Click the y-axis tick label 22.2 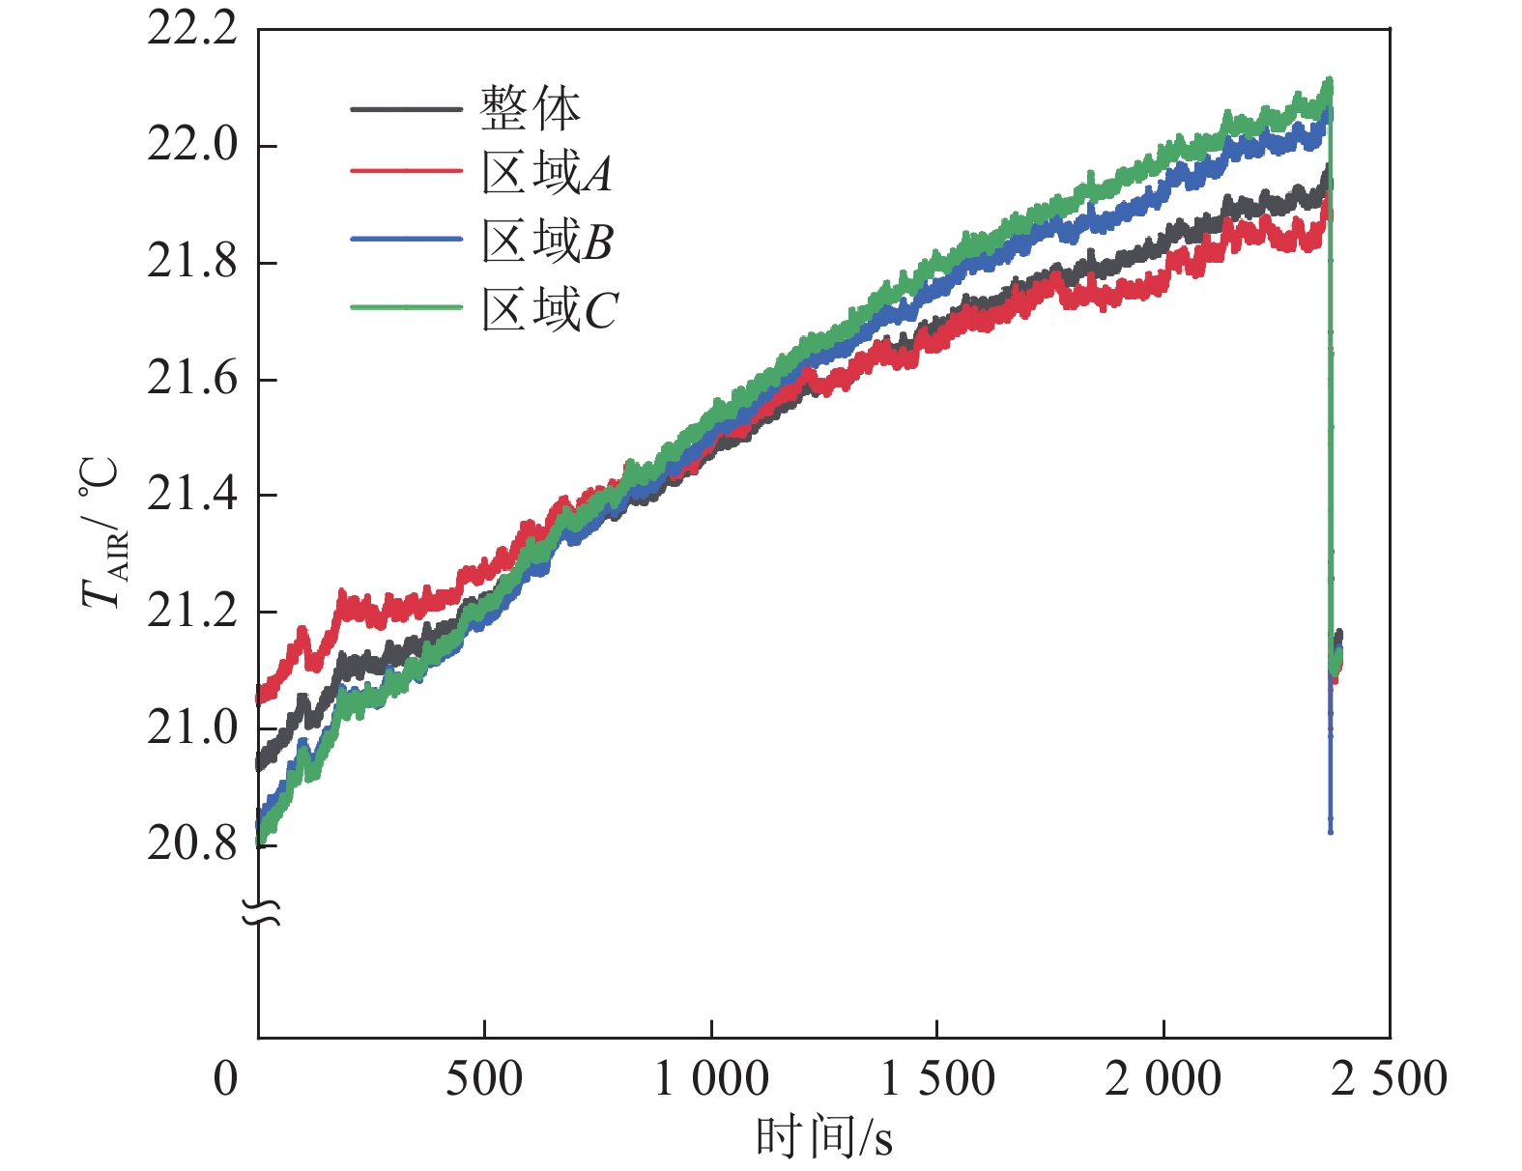pyautogui.click(x=191, y=30)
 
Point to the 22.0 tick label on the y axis pyautogui.click(x=191, y=146)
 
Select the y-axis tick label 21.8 pyautogui.click(x=191, y=262)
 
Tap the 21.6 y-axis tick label pyautogui.click(x=191, y=379)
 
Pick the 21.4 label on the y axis pyautogui.click(x=191, y=495)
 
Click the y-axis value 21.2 pyautogui.click(x=191, y=612)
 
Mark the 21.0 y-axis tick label pyautogui.click(x=191, y=728)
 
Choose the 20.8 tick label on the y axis pyautogui.click(x=191, y=844)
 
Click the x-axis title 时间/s pyautogui.click(x=823, y=1137)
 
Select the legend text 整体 pyautogui.click(x=531, y=108)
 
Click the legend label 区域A pyautogui.click(x=547, y=174)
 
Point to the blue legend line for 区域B pyautogui.click(x=406, y=239)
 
